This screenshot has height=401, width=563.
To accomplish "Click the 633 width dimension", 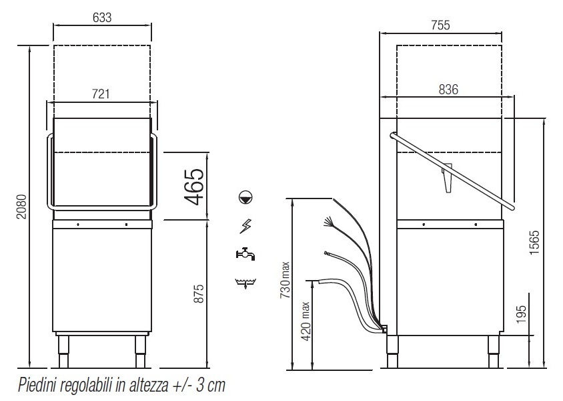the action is coord(102,17).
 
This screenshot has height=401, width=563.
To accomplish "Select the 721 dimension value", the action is coord(101,94).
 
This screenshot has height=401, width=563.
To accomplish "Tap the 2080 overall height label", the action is coord(22,207).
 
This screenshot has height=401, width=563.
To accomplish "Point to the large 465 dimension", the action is coord(195,186).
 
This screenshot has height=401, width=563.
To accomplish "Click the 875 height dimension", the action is coord(199,293).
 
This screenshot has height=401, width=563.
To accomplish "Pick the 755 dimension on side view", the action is coord(440,25).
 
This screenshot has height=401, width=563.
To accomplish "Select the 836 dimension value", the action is coord(448,89).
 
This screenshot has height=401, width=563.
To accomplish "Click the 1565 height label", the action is coord(534,243).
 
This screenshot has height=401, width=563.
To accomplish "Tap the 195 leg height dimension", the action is coord(522,314).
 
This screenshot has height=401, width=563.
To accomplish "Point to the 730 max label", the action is coord(285,280).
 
